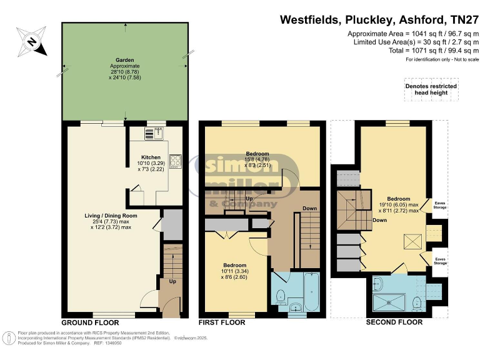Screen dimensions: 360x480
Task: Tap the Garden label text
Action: (125, 59)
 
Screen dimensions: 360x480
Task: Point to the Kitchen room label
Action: (151, 157)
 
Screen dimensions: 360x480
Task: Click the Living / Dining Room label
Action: (111, 216)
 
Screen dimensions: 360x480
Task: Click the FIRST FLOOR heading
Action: (221, 322)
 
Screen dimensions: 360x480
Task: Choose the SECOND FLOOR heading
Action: (394, 322)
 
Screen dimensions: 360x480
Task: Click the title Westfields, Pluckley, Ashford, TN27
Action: (379, 20)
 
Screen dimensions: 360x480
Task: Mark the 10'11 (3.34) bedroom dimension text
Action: (234, 271)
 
